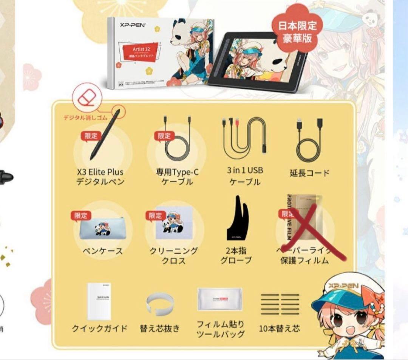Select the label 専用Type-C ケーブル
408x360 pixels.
[x=177, y=177]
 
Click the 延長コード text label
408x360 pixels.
[x=309, y=173]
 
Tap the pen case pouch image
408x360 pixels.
[x=101, y=229]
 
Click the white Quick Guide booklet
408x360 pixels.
[x=99, y=302]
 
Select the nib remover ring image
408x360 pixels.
[x=160, y=303]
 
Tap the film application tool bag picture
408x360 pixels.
[x=219, y=300]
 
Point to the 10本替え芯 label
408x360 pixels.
[x=280, y=328]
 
